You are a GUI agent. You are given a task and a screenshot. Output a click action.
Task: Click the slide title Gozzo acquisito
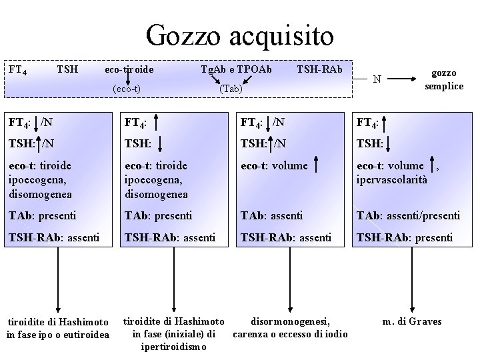pos(240,35)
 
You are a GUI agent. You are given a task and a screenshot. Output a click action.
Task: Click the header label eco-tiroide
pos(129,69)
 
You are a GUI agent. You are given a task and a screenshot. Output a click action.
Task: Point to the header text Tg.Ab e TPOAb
pos(236,69)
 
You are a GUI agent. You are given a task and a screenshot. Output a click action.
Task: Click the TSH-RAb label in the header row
pos(319,69)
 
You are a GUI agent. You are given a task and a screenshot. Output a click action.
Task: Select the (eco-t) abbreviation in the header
pos(129,87)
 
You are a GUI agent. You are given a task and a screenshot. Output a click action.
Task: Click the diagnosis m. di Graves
pos(412,321)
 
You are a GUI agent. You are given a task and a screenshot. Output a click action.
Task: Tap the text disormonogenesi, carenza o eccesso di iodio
pos(290,327)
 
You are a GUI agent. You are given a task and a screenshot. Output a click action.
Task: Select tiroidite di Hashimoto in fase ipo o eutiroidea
pos(57,327)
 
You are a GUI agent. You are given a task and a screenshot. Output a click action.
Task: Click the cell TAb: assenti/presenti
pos(408,215)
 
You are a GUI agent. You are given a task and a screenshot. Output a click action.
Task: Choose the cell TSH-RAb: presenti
pos(405,237)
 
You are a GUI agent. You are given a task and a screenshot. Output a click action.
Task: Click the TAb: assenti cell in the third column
pos(273,215)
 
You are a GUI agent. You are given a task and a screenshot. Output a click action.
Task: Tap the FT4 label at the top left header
pos(17,69)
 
